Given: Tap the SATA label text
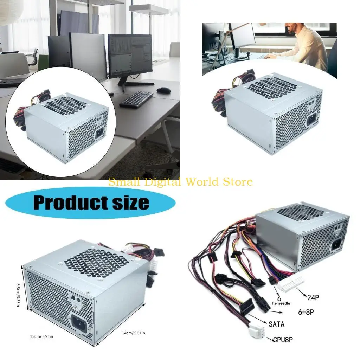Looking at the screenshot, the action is point(276,324).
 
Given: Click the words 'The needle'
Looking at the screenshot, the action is point(280,303).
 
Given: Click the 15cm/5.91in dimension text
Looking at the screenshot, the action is point(41,336).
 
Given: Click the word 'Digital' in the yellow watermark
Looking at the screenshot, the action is point(162,182).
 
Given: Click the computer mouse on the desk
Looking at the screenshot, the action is point(163,90).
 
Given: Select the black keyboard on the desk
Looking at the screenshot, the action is point(136,99).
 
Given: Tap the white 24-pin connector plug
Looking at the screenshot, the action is point(290,283).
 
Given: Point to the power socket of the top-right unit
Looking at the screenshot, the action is point(313,120).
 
